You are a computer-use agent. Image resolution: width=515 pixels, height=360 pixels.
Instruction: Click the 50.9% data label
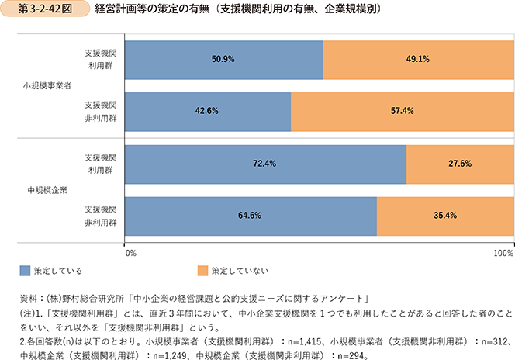(223, 59)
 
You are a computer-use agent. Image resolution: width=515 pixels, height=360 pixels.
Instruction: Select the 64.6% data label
(249, 216)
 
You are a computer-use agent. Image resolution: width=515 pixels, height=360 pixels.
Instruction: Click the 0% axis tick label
(130, 253)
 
